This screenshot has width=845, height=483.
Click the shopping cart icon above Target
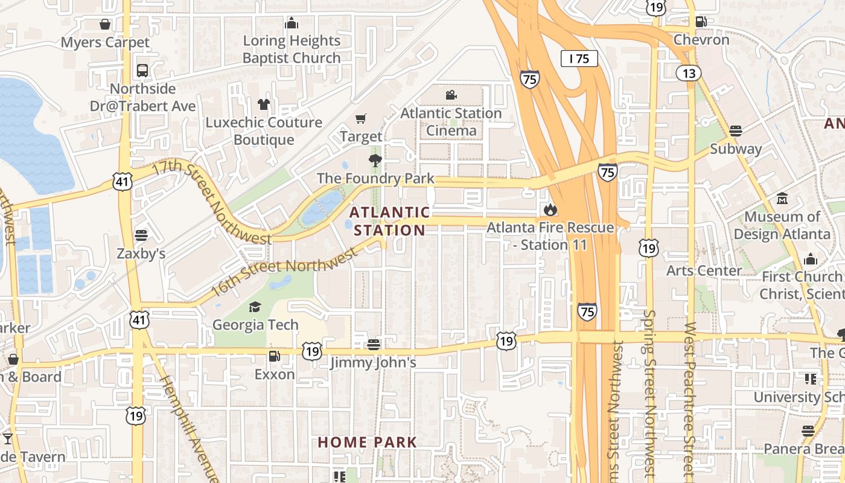point(360,119)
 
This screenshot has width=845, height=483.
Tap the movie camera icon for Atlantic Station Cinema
point(451,95)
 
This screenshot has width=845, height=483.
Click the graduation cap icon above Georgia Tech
point(255,307)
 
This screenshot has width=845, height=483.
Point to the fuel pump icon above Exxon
point(274,356)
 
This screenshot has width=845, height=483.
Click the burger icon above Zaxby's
point(141,235)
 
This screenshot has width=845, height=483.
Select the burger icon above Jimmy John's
point(374,345)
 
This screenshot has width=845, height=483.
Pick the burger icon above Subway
point(735,130)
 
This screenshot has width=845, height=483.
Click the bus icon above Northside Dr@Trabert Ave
point(142,71)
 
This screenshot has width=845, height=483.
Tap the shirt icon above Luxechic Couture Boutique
point(264,104)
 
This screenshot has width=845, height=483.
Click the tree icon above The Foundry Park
point(375,161)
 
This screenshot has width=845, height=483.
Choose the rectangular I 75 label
point(579,59)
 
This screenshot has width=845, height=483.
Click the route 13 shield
point(689,73)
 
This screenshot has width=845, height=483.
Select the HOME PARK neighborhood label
point(367,442)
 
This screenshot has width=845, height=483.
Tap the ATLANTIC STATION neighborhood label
point(390,221)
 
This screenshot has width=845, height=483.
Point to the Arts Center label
point(704,270)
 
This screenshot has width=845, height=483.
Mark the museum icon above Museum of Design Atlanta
point(782,199)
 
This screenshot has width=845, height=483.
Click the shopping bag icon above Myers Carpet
point(105,25)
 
